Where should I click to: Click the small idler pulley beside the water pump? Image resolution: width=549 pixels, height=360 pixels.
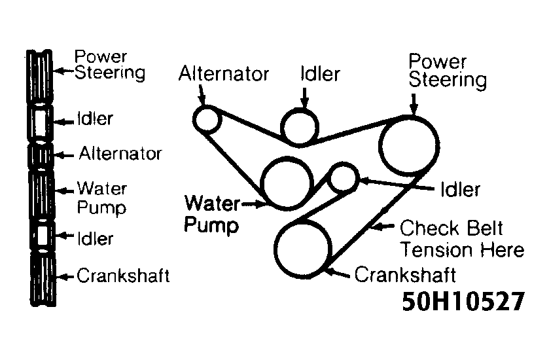344,177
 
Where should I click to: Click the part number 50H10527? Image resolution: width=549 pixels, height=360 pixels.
463,300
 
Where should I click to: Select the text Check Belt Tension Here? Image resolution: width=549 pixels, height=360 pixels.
461,239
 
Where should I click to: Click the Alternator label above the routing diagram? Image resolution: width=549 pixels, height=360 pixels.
224,74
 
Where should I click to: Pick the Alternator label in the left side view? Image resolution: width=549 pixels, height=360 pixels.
120,154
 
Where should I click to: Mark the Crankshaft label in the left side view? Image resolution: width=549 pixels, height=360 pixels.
122,276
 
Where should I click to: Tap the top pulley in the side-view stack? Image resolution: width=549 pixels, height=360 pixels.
40,75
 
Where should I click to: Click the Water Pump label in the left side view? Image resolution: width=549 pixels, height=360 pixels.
101,198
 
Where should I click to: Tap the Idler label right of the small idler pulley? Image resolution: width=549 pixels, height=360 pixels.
461,190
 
